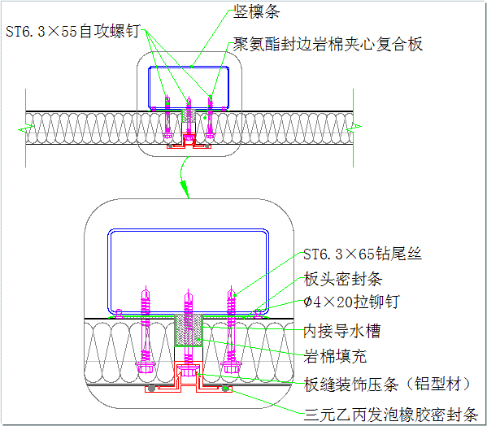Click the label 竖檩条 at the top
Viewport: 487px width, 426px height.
pyautogui.click(x=257, y=12)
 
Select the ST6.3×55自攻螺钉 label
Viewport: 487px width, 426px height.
pyautogui.click(x=73, y=31)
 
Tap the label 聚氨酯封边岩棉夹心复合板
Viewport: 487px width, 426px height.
pyautogui.click(x=328, y=44)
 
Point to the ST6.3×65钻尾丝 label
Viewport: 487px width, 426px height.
pyautogui.click(x=362, y=254)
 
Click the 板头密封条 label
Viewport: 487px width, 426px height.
pyautogui.click(x=343, y=279)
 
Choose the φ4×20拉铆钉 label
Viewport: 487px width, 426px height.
pyautogui.click(x=351, y=302)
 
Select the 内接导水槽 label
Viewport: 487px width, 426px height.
pyautogui.click(x=342, y=331)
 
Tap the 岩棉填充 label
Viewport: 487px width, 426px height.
pyautogui.click(x=335, y=356)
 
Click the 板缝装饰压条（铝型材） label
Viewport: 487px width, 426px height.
pyautogui.click(x=387, y=385)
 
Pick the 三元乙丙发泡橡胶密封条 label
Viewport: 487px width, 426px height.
pyautogui.click(x=391, y=415)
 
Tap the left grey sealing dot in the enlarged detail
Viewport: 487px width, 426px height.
pyautogui.click(x=151, y=388)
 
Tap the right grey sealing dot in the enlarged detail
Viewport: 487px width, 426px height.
pyautogui.click(x=226, y=388)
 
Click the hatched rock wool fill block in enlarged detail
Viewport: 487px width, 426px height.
pyautogui.click(x=189, y=330)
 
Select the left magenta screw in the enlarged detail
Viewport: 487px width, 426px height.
pyautogui.click(x=146, y=330)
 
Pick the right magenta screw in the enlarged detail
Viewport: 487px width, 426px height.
pyautogui.click(x=231, y=330)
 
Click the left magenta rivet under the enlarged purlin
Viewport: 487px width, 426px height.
pyautogui.click(x=119, y=314)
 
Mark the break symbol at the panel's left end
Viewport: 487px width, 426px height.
pyautogui.click(x=26, y=128)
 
